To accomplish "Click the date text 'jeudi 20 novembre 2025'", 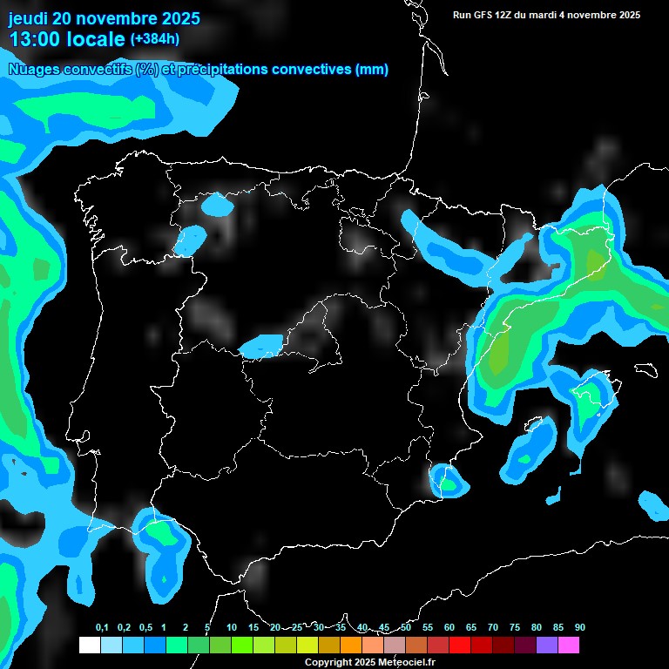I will [x=104, y=18].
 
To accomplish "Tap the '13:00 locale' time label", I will [x=66, y=39].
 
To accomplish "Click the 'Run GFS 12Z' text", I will [x=487, y=15].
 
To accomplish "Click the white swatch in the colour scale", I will [x=89, y=645].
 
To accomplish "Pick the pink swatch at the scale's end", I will [x=569, y=645].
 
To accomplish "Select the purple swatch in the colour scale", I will [x=547, y=645].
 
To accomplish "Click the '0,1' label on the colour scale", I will [x=102, y=628].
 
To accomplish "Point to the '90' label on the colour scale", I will [x=579, y=628].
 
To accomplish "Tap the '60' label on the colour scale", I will [x=449, y=628].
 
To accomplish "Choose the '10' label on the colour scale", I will [x=231, y=628].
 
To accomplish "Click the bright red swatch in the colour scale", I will [x=460, y=645].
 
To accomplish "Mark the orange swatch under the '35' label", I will [x=350, y=645].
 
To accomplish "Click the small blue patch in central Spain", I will [x=261, y=347].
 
